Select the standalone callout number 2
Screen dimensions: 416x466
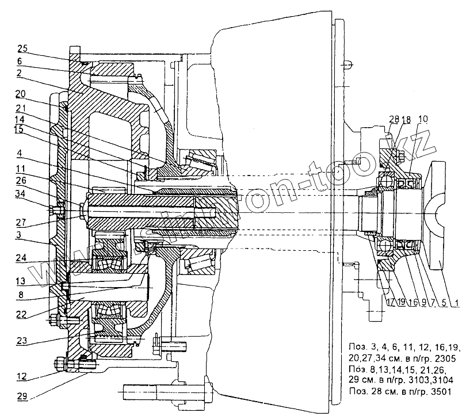pyautogui.click(x=19, y=73)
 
